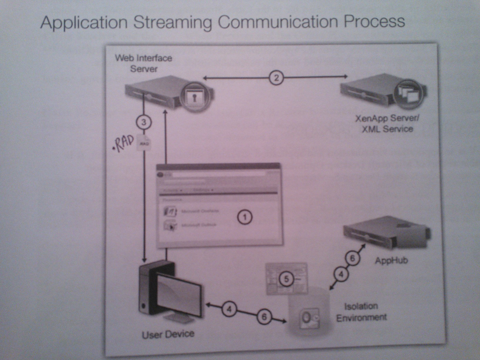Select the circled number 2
click(x=275, y=77)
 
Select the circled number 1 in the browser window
click(x=245, y=217)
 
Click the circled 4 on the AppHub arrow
click(x=342, y=272)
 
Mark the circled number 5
click(x=285, y=279)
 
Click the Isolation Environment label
click(x=365, y=312)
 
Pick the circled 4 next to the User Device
click(x=231, y=308)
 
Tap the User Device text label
click(x=168, y=335)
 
